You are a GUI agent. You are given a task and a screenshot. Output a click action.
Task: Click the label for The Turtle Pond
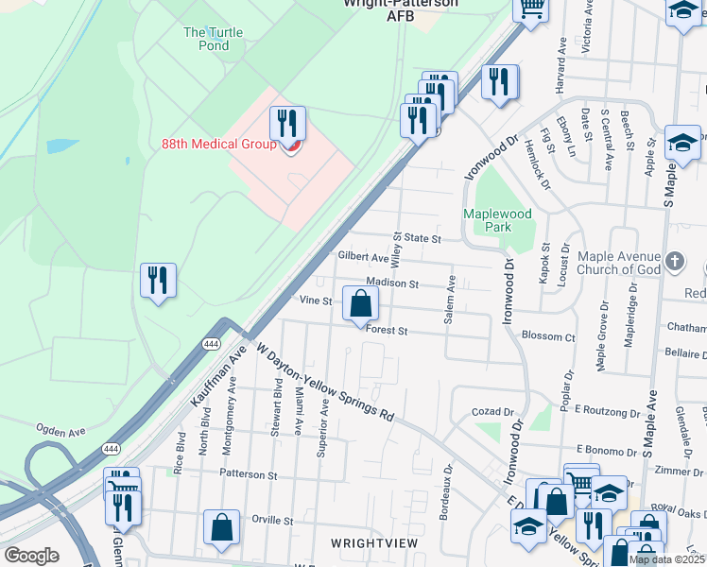[213, 39]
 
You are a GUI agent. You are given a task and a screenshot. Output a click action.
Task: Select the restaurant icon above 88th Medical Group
[287, 124]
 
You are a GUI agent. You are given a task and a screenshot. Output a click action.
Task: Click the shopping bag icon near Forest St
[360, 305]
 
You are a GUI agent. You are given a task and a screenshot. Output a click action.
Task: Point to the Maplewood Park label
[487, 220]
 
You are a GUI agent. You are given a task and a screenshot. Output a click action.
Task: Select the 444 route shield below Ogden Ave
[111, 448]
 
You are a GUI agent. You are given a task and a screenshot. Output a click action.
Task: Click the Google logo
[31, 555]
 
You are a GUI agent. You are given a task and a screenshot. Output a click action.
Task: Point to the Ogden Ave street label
[60, 430]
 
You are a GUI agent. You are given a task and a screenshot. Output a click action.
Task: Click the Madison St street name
[394, 283]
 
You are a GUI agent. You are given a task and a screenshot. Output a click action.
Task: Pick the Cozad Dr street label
[491, 412]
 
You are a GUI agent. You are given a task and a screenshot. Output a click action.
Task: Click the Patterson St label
[248, 474]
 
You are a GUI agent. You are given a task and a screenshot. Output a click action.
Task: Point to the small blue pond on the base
[61, 146]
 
